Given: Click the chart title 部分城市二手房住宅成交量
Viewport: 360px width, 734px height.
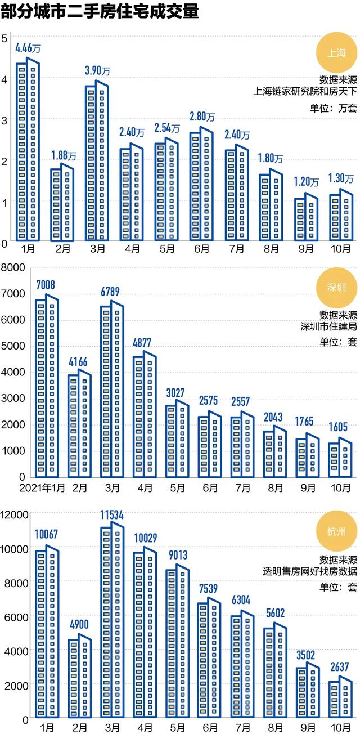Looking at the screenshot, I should click(x=100, y=12).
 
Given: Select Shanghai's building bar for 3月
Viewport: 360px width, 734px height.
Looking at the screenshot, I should click(x=96, y=160).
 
